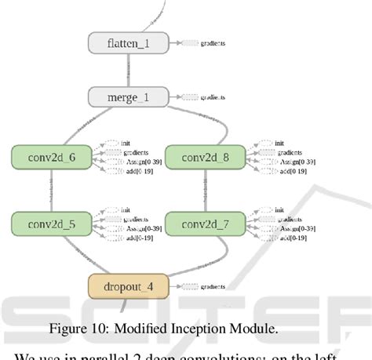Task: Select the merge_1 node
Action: tap(128, 98)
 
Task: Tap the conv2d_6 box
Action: tap(51, 156)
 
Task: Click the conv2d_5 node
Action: tap(51, 224)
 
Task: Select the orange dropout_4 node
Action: tap(128, 285)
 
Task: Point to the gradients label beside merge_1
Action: tap(213, 98)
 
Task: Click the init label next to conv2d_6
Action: tap(126, 144)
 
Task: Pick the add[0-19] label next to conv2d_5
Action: tap(136, 238)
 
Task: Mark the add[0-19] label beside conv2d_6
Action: tap(136, 170)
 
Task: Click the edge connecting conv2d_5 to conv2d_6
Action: tap(51, 191)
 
